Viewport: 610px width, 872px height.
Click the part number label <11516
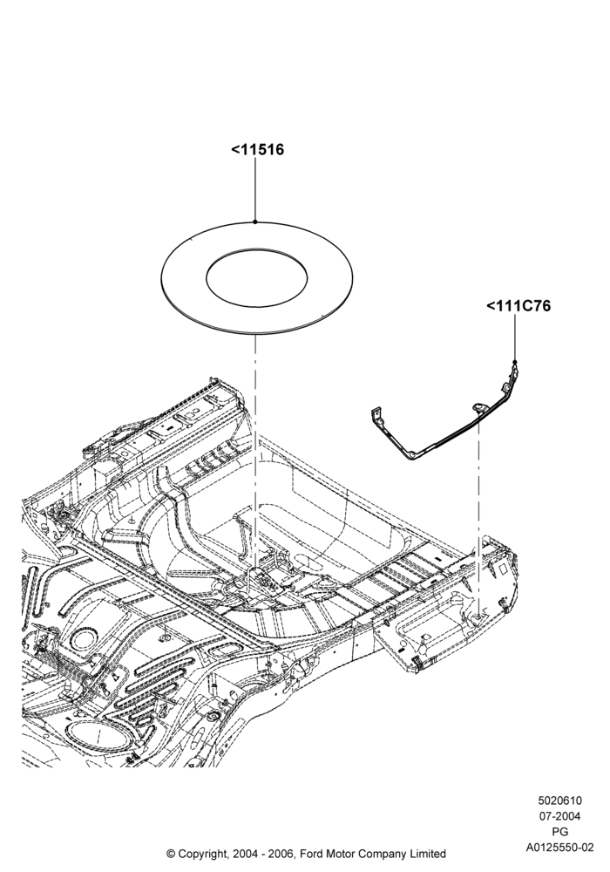click(x=257, y=150)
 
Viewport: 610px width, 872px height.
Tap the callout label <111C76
click(x=518, y=306)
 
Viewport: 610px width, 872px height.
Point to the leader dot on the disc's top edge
click(x=255, y=221)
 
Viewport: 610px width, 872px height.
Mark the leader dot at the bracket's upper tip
click(x=515, y=362)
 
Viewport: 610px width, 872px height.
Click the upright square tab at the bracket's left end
click(x=376, y=414)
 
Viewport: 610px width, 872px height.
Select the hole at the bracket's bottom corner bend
click(x=411, y=454)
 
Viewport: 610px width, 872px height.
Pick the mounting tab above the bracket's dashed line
click(x=478, y=408)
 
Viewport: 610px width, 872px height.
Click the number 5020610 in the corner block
click(x=560, y=800)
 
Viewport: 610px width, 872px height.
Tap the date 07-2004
click(x=560, y=816)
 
